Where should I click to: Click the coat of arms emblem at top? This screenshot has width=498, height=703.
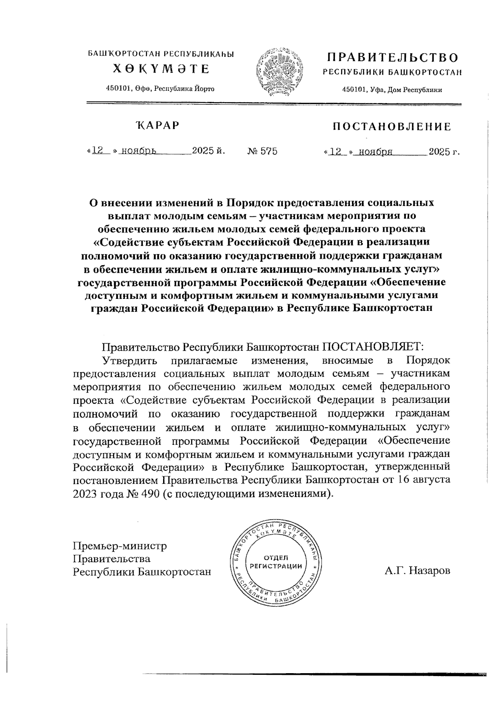(x=279, y=70)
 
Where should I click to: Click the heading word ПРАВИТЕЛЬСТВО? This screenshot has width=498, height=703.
(x=392, y=57)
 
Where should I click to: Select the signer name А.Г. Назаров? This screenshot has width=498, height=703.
(x=417, y=571)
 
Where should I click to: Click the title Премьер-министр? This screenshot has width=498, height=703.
(x=120, y=545)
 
